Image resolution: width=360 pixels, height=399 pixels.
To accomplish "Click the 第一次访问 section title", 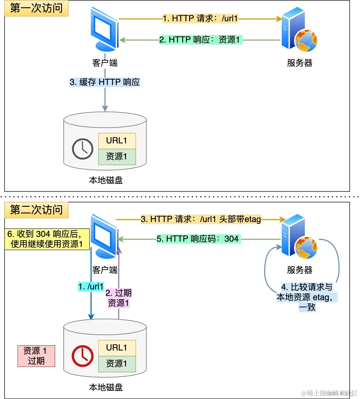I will tap(36, 8).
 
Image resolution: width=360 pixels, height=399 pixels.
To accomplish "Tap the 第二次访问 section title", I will tap(36, 210).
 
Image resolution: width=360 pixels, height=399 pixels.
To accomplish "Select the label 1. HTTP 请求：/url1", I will tap(200, 18).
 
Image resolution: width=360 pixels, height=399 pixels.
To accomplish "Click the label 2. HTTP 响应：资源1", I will tap(200, 40).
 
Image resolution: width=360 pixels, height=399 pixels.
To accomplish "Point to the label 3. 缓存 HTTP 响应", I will tap(105, 82).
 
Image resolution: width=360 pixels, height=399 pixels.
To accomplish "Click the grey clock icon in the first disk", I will tap(82, 149).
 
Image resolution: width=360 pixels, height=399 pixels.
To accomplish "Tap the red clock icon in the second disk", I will tap(82, 356).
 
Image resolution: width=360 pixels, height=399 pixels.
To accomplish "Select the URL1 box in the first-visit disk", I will tap(117, 141).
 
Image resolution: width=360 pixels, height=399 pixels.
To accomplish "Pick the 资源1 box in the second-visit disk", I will tap(117, 364).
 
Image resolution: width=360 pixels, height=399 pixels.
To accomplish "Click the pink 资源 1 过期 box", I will tap(36, 356).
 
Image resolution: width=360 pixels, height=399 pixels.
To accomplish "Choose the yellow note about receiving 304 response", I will tap(47, 239).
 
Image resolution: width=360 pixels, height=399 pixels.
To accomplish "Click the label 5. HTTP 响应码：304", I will tap(198, 239).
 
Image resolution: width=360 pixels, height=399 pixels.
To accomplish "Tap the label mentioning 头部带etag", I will tap(201, 220).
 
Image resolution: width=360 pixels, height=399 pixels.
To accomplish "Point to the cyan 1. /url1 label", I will tap(91, 286).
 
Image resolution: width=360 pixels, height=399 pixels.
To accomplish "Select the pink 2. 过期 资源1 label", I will tap(119, 297).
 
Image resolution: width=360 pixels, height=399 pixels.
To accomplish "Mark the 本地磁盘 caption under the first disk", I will tap(105, 180).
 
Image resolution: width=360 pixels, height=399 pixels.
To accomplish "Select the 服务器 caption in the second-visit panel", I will tap(299, 270).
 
